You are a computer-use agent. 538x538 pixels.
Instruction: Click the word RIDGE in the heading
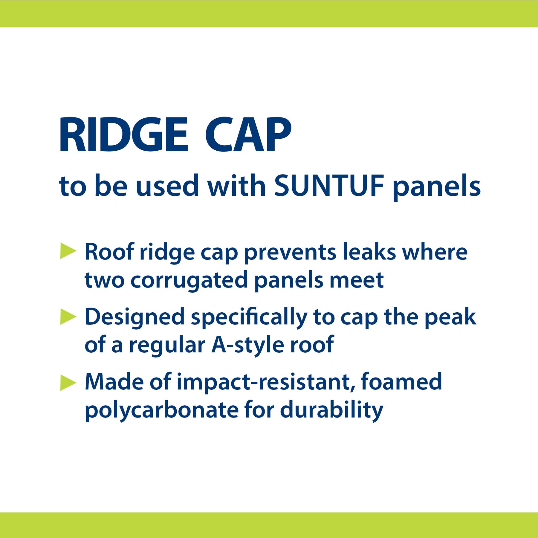pos(124,134)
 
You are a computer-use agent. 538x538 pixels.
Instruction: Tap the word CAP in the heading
pos(248,134)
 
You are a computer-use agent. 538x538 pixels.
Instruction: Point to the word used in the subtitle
pos(167,186)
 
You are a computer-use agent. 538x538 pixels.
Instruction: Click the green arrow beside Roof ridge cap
pos(68,251)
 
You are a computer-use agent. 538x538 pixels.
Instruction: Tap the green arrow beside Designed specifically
pos(68,316)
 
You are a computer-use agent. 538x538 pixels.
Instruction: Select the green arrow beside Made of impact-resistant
pos(68,382)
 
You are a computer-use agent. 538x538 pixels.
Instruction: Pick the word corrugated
pos(189,282)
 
